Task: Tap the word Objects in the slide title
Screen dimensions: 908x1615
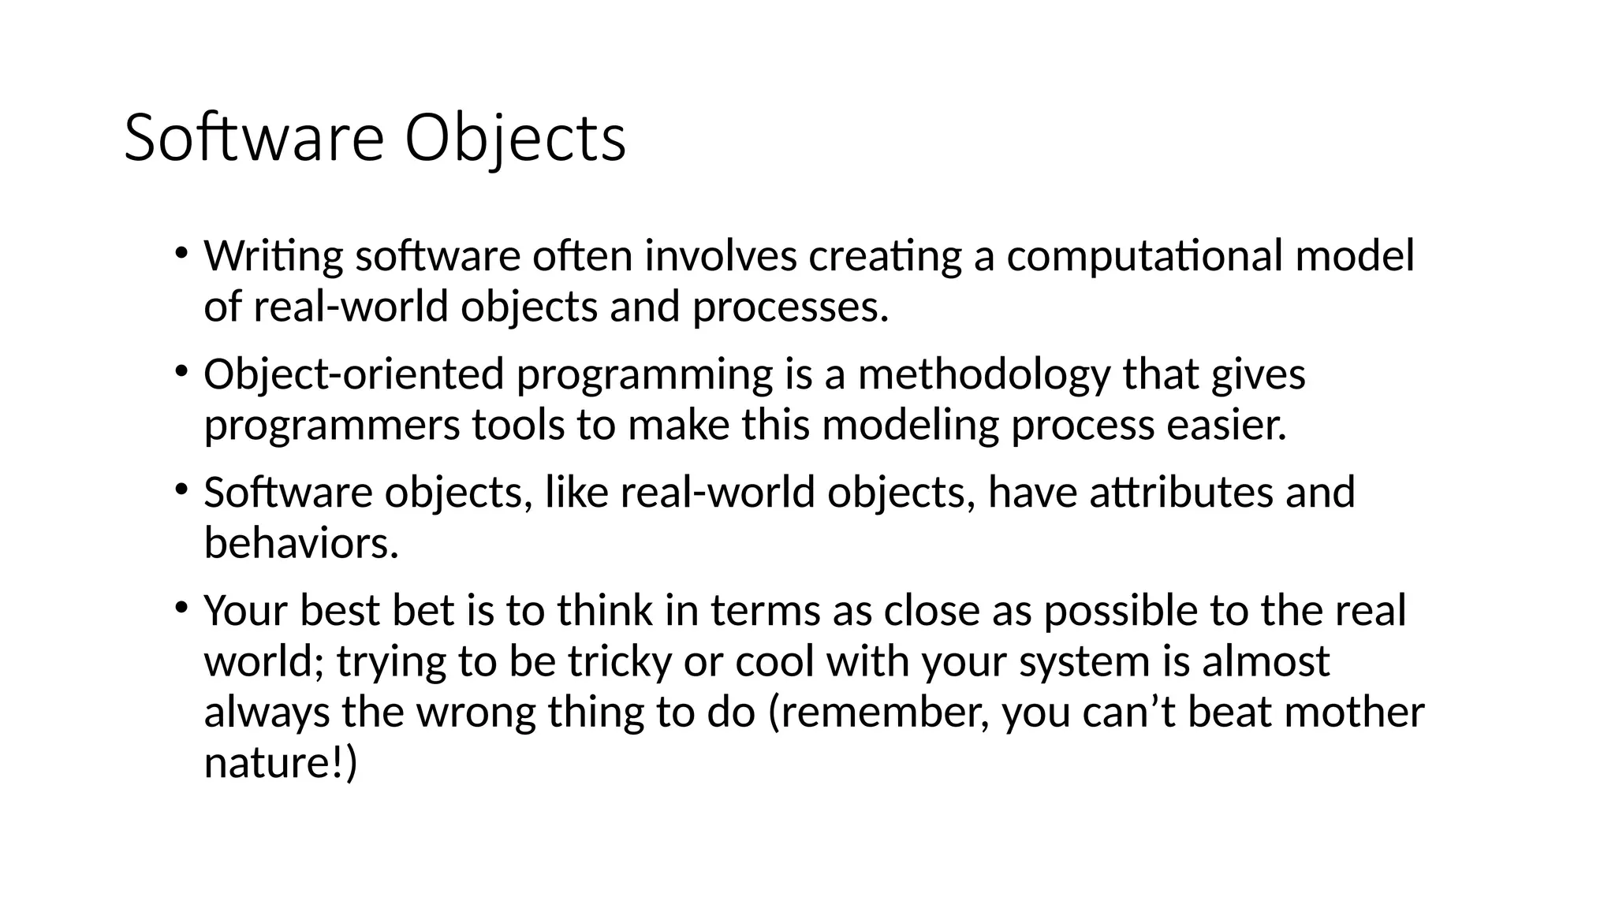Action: (516, 139)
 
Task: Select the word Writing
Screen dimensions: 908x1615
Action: (274, 256)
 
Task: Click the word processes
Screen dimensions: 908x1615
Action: (790, 307)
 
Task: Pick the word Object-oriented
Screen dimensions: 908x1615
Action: (353, 374)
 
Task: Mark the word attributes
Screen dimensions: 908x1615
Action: (1181, 493)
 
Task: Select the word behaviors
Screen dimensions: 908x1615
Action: (301, 544)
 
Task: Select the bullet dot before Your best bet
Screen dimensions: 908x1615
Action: (181, 608)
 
